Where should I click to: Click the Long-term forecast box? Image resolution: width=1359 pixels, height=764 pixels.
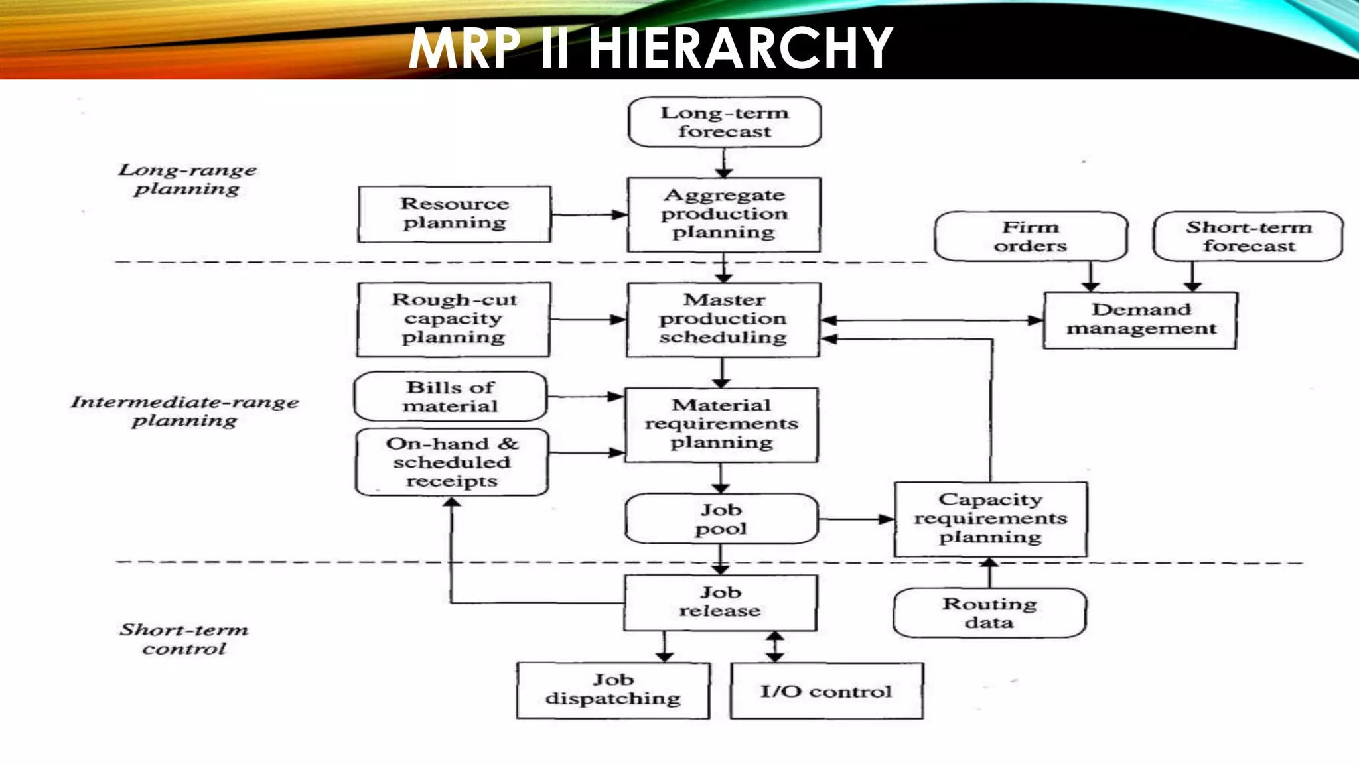(724, 122)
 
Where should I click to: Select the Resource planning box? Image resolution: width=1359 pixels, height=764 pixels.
(455, 214)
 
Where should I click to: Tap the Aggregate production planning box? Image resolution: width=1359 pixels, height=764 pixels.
(724, 214)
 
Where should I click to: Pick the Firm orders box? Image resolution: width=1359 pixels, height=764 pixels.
(1031, 237)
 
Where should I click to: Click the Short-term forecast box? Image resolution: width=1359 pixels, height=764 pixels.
(1248, 237)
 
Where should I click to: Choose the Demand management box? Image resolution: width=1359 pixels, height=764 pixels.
(1141, 320)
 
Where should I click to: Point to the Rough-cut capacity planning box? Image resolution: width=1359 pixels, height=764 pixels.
(454, 319)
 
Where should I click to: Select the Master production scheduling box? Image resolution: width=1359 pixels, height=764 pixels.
(723, 320)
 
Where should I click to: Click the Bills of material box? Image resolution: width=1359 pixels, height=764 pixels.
(451, 397)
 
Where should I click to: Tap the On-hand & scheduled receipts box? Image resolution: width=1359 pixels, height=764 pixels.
(452, 462)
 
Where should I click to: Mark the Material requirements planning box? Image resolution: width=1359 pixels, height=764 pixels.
(721, 424)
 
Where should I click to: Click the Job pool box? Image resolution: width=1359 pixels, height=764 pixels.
(721, 519)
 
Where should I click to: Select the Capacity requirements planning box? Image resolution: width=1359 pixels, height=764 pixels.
(990, 519)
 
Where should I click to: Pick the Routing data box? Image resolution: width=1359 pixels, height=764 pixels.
(989, 613)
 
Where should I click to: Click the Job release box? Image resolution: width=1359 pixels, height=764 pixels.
(720, 602)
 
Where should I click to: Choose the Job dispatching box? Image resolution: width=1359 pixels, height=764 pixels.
(613, 690)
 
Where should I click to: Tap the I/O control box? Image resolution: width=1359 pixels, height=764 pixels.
(826, 691)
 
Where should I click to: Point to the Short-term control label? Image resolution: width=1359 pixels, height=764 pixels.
(184, 639)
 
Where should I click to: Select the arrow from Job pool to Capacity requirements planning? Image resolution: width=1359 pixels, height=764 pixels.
(856, 519)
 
